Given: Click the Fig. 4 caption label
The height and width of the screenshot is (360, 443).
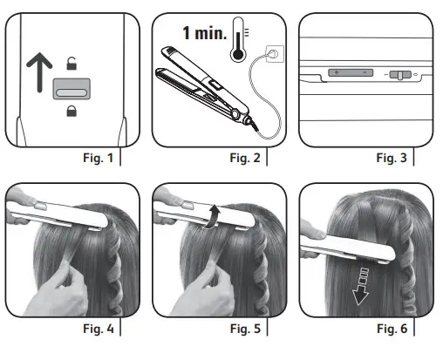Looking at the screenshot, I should pos(97,329).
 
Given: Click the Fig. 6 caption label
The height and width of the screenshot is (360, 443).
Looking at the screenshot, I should pos(392,329).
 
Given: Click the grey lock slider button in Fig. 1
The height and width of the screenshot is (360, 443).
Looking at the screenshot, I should pos(72,87).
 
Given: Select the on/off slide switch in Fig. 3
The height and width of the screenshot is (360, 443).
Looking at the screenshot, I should pos(399,76).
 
